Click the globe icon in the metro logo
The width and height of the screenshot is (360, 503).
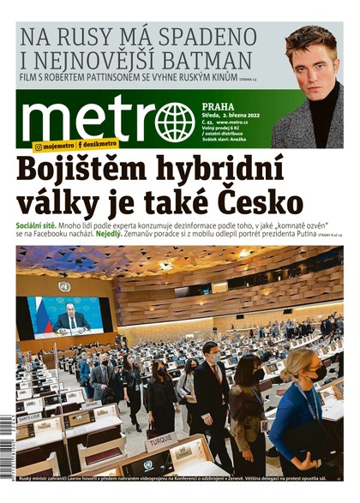pos(174,121)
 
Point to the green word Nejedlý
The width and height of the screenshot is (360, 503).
pos(108,233)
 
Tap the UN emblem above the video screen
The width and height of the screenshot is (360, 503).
pos(64,286)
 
